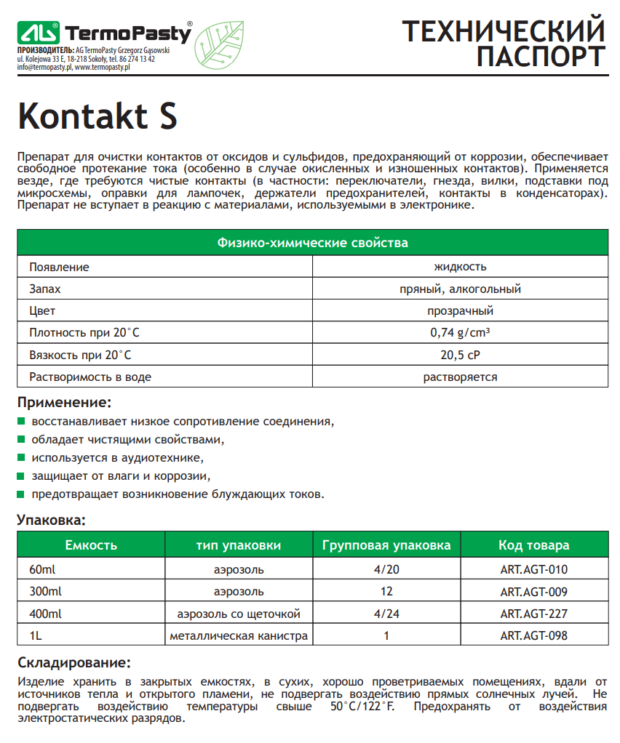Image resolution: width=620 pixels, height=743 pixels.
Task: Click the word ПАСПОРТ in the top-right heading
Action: click(x=540, y=56)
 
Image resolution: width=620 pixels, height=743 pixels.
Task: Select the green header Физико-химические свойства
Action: click(x=313, y=243)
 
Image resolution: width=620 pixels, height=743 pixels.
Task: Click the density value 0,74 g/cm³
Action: click(x=460, y=334)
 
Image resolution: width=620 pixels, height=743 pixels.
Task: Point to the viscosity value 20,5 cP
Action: click(x=460, y=356)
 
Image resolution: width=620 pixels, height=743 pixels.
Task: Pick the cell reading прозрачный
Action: click(x=460, y=311)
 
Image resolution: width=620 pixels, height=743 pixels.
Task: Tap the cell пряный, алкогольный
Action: click(x=460, y=289)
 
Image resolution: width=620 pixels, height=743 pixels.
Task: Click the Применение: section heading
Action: click(x=64, y=402)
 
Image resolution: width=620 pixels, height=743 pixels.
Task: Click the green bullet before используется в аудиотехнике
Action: click(x=21, y=458)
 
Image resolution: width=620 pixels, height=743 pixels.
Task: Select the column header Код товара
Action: click(x=533, y=545)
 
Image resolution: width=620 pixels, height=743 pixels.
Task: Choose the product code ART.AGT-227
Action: click(x=533, y=614)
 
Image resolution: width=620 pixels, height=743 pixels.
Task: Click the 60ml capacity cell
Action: click(x=42, y=569)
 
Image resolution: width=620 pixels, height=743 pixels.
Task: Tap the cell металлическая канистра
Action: click(x=239, y=636)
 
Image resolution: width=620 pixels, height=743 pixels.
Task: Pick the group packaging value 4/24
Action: click(x=386, y=614)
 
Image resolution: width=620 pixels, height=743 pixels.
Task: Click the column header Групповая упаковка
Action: click(x=386, y=545)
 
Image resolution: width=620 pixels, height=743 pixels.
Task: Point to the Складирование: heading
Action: click(x=73, y=663)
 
